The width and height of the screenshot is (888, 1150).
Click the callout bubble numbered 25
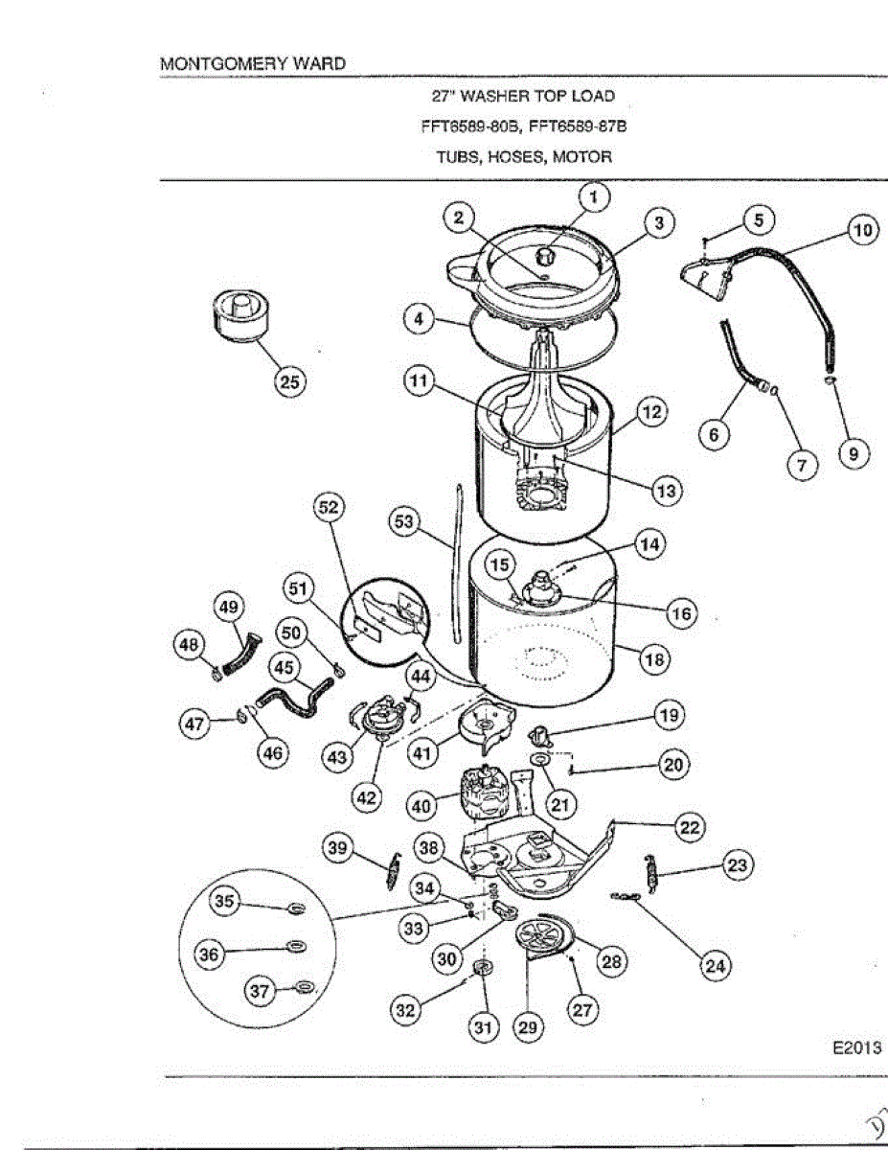tap(287, 381)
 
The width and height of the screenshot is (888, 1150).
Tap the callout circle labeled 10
tap(863, 231)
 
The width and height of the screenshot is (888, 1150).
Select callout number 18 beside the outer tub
tap(655, 659)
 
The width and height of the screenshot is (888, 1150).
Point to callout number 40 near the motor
tap(421, 807)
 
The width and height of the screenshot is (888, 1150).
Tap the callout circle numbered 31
tap(483, 1028)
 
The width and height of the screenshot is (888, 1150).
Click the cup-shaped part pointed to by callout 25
tap(242, 317)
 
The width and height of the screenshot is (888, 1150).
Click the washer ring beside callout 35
tap(297, 907)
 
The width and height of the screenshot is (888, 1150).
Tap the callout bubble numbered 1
tap(594, 198)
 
